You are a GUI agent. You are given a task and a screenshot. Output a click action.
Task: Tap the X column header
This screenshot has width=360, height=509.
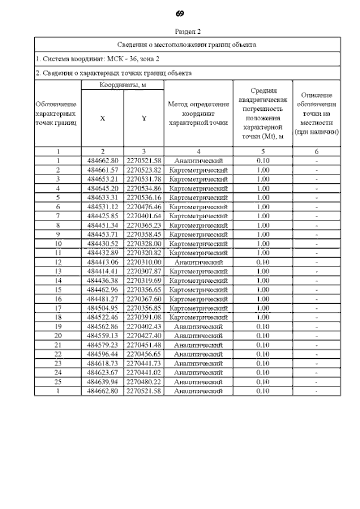pos(102,119)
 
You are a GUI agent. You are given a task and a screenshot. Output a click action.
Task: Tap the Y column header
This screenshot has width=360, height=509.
pos(144,119)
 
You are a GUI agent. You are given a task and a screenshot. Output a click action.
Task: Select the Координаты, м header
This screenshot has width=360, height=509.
pos(123,84)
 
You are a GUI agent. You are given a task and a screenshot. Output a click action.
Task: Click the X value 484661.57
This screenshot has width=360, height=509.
pos(102,169)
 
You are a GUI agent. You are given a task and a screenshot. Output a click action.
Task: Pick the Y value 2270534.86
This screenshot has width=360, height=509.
pos(144,188)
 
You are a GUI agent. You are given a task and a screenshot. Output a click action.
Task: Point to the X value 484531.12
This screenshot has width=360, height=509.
pos(102,206)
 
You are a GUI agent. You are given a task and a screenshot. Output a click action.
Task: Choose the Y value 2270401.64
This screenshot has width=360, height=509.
pos(144,215)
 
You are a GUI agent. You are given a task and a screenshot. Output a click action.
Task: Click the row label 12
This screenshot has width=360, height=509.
pos(58,262)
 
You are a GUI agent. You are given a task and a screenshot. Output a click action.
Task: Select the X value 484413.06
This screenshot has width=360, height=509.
pos(102,262)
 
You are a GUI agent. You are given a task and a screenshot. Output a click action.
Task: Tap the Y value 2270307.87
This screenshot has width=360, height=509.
pos(144,271)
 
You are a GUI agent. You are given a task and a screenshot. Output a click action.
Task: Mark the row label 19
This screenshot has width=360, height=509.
pos(58,326)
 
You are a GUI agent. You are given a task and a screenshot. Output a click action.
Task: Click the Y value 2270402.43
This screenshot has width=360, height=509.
pos(144,326)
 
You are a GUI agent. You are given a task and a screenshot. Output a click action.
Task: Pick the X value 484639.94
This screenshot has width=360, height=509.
pos(102,381)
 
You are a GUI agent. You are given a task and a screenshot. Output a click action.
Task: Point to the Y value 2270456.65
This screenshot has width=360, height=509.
pos(144,354)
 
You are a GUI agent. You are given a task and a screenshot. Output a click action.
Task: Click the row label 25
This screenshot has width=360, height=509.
pos(58,381)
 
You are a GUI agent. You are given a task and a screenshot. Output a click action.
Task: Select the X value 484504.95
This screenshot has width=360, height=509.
pos(102,308)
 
